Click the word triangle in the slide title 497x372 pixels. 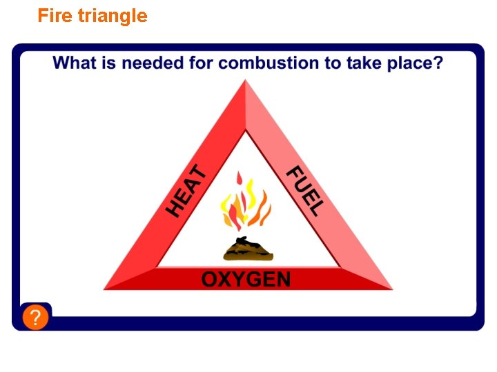(113, 16)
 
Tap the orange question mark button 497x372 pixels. (35, 318)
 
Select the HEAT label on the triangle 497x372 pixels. (186, 190)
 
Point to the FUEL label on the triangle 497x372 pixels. (304, 191)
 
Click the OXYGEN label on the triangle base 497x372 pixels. (246, 279)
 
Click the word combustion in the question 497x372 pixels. (268, 63)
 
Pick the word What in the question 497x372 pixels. (75, 63)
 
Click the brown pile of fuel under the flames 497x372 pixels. (248, 249)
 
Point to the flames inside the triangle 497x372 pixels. (244, 204)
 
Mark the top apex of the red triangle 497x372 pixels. (245, 82)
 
